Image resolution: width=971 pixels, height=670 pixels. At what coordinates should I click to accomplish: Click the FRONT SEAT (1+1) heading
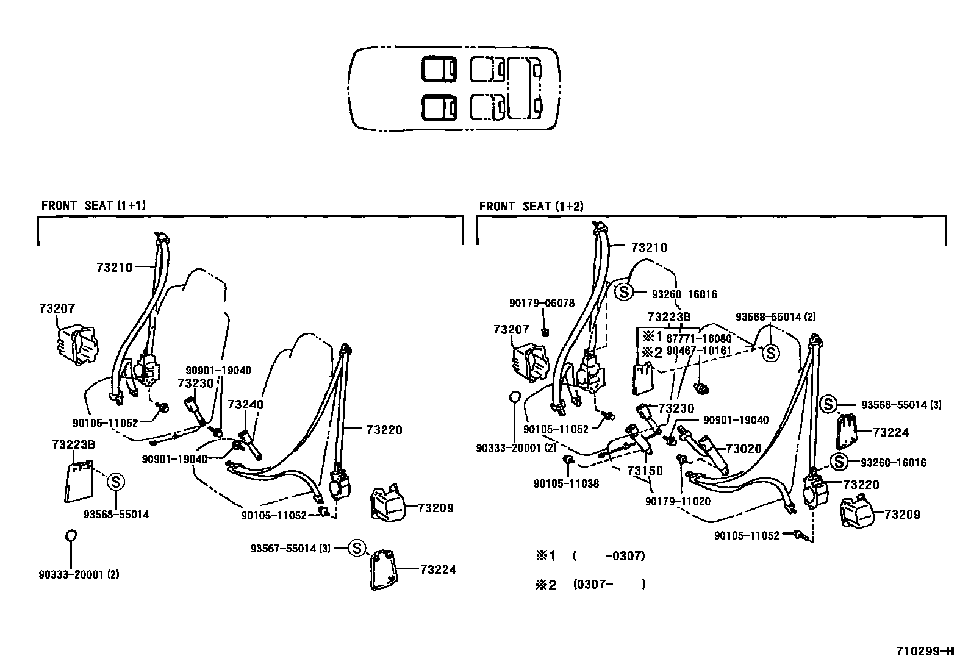click(x=93, y=205)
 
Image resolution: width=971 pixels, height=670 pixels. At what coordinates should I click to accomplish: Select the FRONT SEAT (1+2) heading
click(x=531, y=206)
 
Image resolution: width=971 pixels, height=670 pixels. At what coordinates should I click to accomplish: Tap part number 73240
click(x=245, y=405)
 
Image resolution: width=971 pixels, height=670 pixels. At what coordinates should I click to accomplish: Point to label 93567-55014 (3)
click(x=290, y=548)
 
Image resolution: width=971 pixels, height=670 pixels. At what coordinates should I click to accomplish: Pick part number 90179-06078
click(x=542, y=303)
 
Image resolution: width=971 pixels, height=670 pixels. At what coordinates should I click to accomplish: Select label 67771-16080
click(x=698, y=338)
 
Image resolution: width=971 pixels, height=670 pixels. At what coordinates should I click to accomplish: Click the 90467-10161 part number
click(x=698, y=351)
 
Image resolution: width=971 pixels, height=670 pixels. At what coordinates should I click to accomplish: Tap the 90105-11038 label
click(x=566, y=483)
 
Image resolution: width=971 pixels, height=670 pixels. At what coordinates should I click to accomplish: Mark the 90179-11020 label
click(x=678, y=501)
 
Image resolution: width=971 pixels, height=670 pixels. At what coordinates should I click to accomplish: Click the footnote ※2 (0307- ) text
click(x=590, y=585)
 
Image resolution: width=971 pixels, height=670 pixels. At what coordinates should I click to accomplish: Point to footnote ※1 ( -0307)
click(x=590, y=556)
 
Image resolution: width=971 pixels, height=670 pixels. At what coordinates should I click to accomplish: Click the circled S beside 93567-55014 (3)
click(x=357, y=547)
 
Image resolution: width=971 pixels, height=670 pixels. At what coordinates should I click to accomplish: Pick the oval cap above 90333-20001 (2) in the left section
click(x=71, y=535)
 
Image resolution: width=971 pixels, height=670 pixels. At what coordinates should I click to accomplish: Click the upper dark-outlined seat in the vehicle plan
click(x=439, y=69)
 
